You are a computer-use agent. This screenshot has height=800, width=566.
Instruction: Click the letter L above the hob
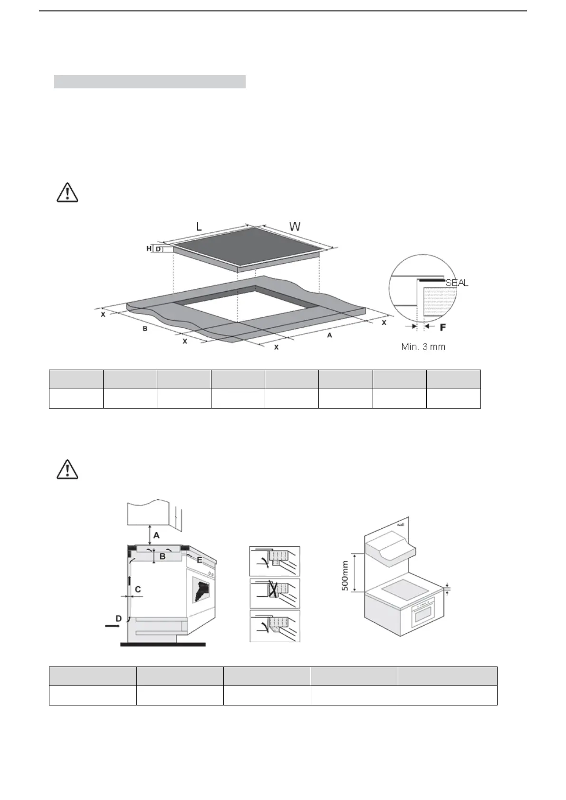[x=199, y=227]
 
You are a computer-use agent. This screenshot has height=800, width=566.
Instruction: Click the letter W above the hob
[x=295, y=227]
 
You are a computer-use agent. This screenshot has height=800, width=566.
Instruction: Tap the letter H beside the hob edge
[x=149, y=248]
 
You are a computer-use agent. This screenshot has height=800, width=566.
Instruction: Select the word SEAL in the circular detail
[x=457, y=283]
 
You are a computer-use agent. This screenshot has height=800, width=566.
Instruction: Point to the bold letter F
[x=443, y=327]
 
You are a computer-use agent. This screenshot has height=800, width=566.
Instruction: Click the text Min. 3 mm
[x=423, y=347]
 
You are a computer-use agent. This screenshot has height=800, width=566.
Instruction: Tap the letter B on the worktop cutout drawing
[x=145, y=328]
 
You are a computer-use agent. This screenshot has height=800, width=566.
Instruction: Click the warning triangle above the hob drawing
[x=67, y=192]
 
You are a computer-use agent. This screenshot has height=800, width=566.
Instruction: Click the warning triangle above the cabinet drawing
[x=67, y=469]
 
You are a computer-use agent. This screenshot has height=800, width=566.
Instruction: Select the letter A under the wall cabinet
[x=156, y=535]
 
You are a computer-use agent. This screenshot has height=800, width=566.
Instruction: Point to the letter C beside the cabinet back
[x=138, y=590]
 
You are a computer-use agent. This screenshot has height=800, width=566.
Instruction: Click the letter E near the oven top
[x=200, y=560]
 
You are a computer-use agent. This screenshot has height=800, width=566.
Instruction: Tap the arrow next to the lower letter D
[x=112, y=626]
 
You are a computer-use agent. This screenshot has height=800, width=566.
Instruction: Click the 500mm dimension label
[x=345, y=576]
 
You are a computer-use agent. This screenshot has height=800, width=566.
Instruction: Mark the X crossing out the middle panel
[x=274, y=590]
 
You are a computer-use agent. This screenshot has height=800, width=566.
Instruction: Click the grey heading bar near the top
[x=150, y=82]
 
